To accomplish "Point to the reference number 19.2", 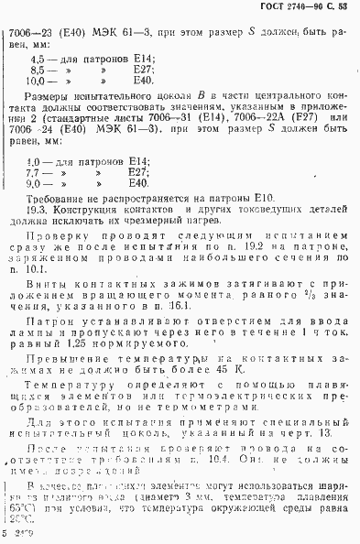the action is pyautogui.click(x=206, y=247).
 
